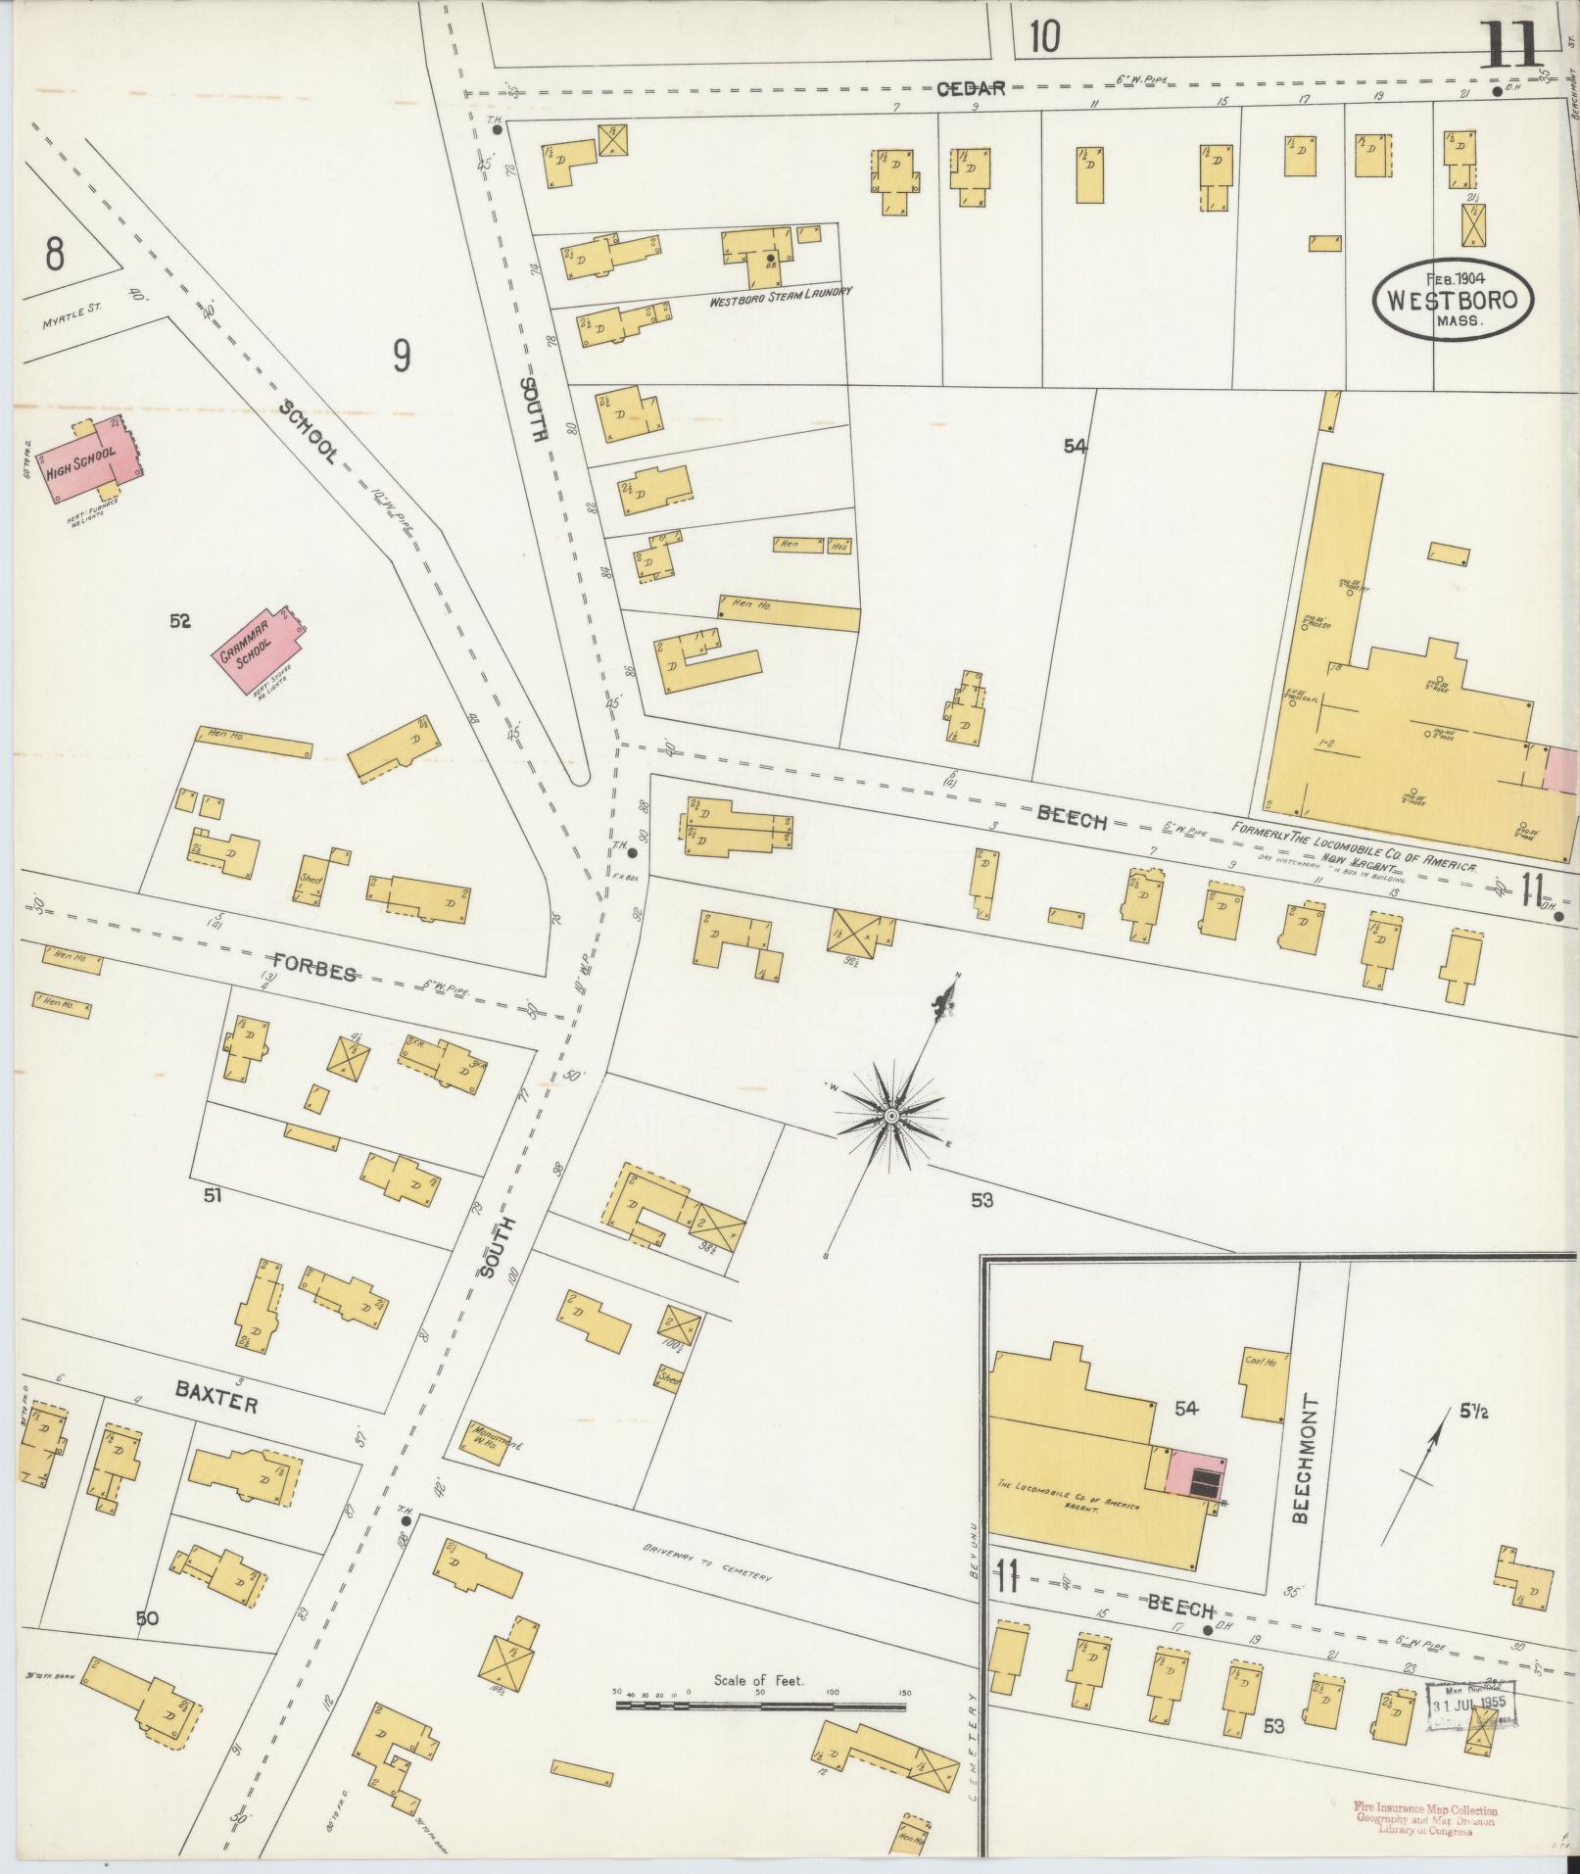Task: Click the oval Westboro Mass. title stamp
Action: tap(1453, 299)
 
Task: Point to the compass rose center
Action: tap(891, 1116)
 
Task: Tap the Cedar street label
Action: tap(971, 88)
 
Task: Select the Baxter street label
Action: tap(216, 1402)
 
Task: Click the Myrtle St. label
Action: tap(73, 315)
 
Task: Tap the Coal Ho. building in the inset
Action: tap(1263, 1384)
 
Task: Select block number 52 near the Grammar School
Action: tap(179, 620)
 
